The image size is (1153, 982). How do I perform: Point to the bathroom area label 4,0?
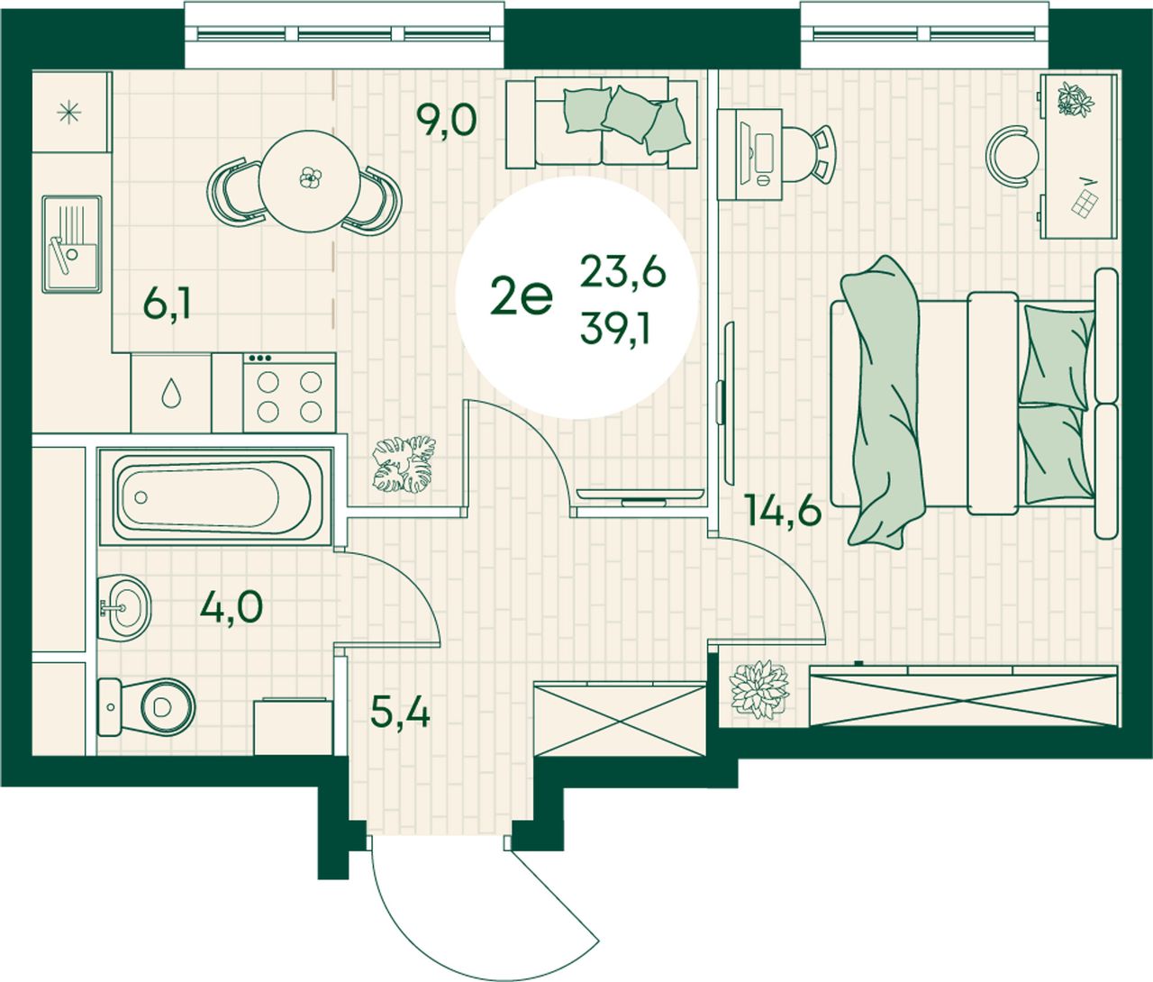tap(231, 607)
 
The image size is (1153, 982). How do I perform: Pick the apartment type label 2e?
tap(522, 298)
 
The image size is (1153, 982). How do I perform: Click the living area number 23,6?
tap(622, 272)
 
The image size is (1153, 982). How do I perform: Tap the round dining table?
tap(309, 181)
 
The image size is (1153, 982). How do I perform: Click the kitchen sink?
tap(72, 244)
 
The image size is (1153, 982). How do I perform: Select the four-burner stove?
tap(289, 393)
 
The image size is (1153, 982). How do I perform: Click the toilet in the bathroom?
tap(146, 707)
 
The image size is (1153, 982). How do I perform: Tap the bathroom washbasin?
tap(123, 607)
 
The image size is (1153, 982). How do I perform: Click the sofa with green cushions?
tap(602, 123)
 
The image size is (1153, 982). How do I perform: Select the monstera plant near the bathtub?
tap(404, 464)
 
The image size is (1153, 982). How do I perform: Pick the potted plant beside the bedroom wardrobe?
tap(758, 689)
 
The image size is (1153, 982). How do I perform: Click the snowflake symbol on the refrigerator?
tap(69, 113)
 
